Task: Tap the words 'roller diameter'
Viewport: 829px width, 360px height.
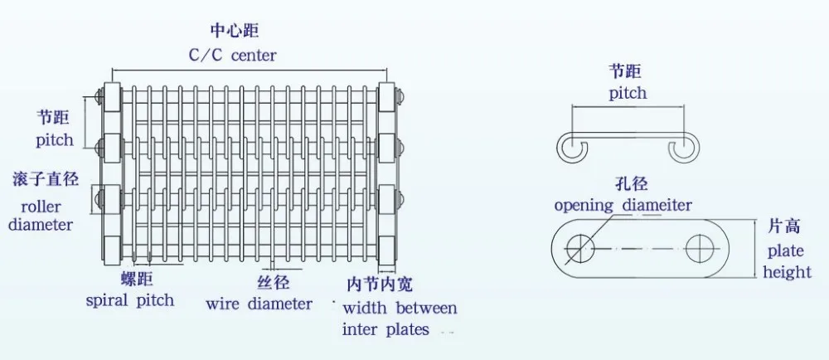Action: click(x=41, y=215)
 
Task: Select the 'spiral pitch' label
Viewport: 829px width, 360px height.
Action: click(x=130, y=299)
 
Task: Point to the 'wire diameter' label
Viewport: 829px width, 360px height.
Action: click(x=259, y=304)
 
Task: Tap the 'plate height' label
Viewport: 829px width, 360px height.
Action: click(x=785, y=261)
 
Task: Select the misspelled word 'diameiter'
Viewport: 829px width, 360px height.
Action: click(x=652, y=205)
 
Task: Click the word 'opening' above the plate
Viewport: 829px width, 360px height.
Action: click(x=584, y=205)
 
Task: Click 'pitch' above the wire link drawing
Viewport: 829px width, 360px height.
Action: click(x=628, y=94)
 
